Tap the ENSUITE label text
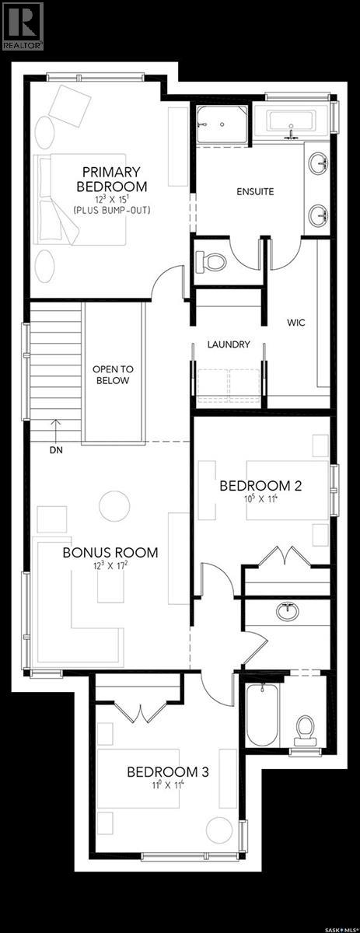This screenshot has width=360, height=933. pos(255,191)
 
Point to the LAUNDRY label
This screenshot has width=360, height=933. pos(228,344)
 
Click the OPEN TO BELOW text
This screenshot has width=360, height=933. pos(110,375)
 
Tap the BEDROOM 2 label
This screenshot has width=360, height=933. pos(260,486)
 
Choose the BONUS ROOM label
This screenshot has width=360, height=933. pos(110,553)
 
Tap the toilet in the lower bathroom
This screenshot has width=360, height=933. pos(304,727)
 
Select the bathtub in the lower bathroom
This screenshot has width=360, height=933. pos(262,715)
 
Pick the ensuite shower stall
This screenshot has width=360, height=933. pos(221,124)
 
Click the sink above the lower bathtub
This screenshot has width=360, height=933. pos(288,610)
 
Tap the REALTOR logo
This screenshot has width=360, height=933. pos(23,26)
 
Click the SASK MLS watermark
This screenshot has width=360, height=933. pos(339,926)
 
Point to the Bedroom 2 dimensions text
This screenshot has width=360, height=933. pos(260,500)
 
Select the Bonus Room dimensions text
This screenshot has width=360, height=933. pos(110,567)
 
